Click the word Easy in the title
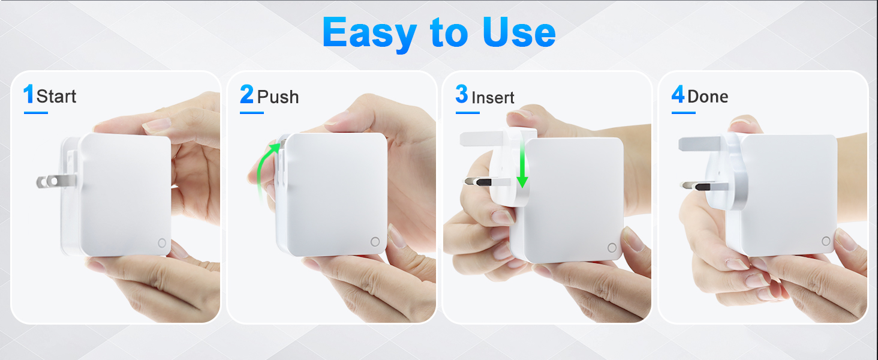tap(369, 34)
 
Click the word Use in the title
tap(519, 32)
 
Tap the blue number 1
tap(29, 94)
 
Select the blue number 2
tap(246, 94)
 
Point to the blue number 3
tap(462, 94)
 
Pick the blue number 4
tap(678, 94)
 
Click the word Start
tap(56, 97)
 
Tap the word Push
tap(278, 97)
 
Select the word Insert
tap(493, 98)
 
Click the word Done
tap(708, 97)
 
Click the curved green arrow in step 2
tap(262, 169)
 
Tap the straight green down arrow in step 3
tap(522, 165)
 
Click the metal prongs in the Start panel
tap(56, 182)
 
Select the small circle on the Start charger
tap(162, 243)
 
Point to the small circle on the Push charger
tap(375, 242)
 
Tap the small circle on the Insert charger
tap(612, 247)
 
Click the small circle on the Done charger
tap(826, 241)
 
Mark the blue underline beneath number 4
tap(684, 113)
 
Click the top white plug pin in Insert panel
tap(482, 139)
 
